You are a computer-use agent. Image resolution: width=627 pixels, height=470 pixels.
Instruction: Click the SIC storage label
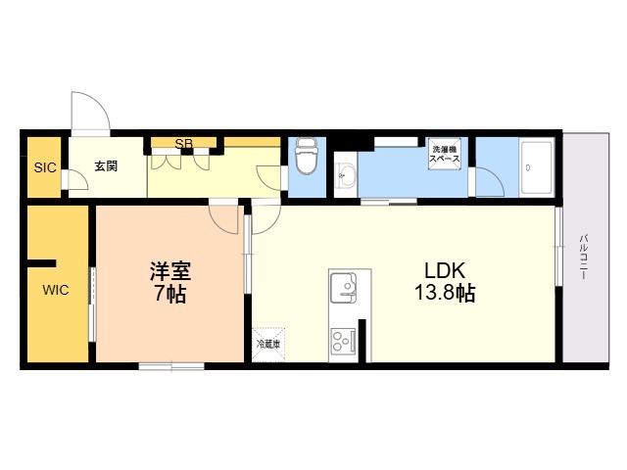pos(45,167)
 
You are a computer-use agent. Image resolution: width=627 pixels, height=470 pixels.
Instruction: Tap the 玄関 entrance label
pos(106,166)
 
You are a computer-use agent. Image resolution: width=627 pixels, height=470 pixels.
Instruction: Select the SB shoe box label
pos(183,144)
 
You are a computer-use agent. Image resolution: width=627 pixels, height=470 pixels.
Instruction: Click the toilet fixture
pos(307,156)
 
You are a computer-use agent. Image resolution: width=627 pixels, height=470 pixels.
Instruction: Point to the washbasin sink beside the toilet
pos(345,176)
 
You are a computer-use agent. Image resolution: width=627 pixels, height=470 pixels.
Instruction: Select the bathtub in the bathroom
pos(535,167)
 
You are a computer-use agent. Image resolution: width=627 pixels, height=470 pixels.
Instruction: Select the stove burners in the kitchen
pos(343,341)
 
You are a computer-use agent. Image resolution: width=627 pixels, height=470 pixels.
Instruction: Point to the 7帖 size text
pos(169,294)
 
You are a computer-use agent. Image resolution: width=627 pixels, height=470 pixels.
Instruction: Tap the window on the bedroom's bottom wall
pos(171,366)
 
